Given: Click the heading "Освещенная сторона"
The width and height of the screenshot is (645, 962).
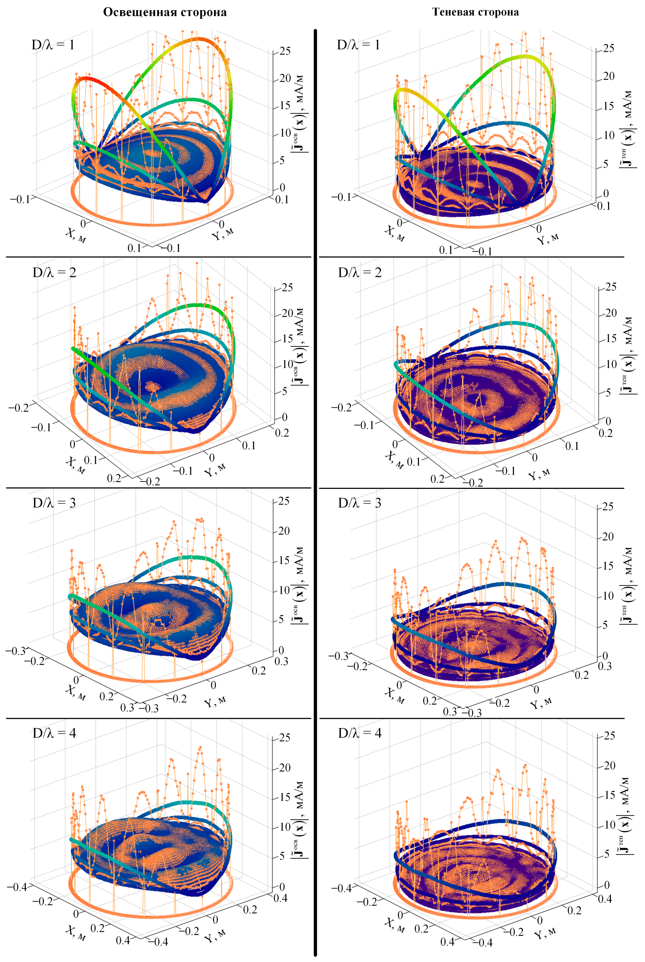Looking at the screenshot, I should (x=164, y=12).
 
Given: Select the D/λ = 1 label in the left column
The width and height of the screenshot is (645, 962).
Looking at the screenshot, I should (x=53, y=44).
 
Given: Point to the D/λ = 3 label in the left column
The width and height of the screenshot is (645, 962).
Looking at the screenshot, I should (x=54, y=502).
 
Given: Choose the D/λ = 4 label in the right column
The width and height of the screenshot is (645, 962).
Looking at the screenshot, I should (x=360, y=733).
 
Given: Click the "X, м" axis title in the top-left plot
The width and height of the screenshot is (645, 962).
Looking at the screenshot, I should (x=76, y=236).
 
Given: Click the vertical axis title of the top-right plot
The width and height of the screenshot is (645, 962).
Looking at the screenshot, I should (x=627, y=130).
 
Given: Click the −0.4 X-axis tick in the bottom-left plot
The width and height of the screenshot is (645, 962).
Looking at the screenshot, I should (x=18, y=887).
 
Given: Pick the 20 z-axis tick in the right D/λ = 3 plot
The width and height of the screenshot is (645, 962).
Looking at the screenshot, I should (x=608, y=536).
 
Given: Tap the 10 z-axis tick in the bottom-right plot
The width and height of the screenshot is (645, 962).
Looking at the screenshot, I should (x=609, y=825).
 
